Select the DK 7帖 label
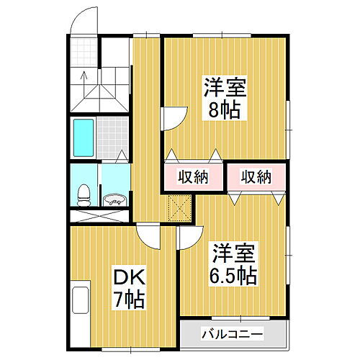[128, 288]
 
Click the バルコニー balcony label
[232, 334]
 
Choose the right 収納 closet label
[255, 177]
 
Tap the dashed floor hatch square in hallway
[177, 209]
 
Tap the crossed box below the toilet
[99, 215]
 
